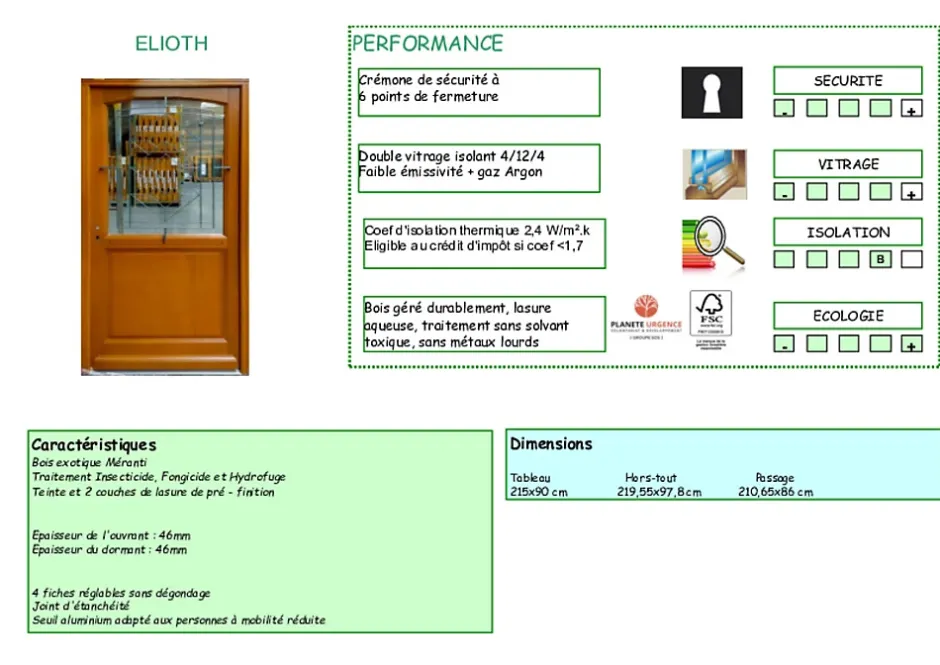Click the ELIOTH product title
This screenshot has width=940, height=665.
(x=172, y=43)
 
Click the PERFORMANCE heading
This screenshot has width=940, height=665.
(x=428, y=43)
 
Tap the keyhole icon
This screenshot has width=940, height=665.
(x=712, y=93)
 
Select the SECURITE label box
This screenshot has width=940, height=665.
(x=847, y=81)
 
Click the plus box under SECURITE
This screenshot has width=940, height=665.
(x=911, y=109)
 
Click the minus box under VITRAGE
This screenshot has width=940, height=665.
(x=785, y=192)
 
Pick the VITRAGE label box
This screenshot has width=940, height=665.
(x=847, y=164)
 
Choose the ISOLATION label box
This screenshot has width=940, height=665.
(x=847, y=232)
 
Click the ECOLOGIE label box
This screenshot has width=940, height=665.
(x=847, y=316)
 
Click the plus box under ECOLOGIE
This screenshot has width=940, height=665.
(x=911, y=344)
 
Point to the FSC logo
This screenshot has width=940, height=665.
(x=711, y=315)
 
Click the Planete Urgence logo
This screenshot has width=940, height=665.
(x=646, y=317)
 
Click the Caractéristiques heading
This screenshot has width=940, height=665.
(x=94, y=445)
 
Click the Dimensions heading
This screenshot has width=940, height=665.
(x=551, y=444)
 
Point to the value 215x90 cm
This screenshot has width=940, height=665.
(x=539, y=492)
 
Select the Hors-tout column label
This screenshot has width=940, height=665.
(x=651, y=478)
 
